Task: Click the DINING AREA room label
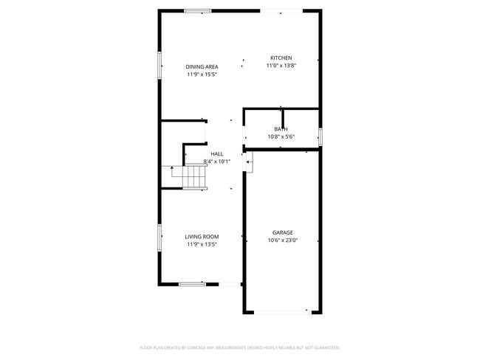click(x=202, y=66)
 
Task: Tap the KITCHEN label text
click(x=281, y=58)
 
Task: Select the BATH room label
click(x=281, y=129)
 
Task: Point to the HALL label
click(x=217, y=153)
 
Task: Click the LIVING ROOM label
click(x=202, y=237)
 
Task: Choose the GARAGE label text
click(x=282, y=232)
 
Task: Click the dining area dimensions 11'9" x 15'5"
click(x=202, y=75)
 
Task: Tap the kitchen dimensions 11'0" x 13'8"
click(x=281, y=66)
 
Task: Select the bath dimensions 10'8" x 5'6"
click(x=281, y=136)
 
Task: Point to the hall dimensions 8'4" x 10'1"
click(x=217, y=162)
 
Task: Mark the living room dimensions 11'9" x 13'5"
click(x=202, y=244)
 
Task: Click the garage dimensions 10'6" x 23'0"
click(x=282, y=240)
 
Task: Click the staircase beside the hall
click(x=195, y=177)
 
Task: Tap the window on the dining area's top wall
click(x=198, y=10)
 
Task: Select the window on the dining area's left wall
click(x=160, y=64)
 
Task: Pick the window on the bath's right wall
click(x=320, y=136)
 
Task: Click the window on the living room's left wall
click(x=160, y=238)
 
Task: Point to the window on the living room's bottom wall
click(x=191, y=284)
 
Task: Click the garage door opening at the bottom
click(x=282, y=312)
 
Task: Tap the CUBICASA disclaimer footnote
click(x=239, y=347)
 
